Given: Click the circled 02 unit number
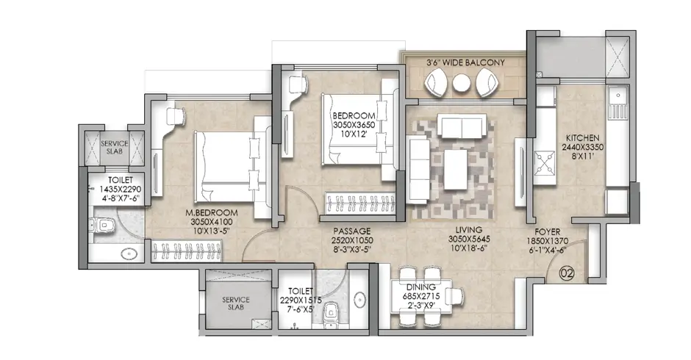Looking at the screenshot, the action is point(567,273).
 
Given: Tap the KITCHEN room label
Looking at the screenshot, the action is point(582,138).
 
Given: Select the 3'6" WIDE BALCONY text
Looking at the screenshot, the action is point(465,62).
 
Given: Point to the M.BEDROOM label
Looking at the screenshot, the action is point(212,213).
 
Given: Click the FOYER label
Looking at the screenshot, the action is point(548,231).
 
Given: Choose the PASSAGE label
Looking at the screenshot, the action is point(351,231).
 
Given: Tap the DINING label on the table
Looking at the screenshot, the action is point(421,287).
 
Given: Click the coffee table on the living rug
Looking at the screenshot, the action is point(456,170).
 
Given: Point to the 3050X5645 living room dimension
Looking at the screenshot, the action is point(469,240).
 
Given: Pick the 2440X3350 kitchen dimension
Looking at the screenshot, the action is point(582,147).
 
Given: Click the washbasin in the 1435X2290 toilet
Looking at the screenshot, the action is point(129,254).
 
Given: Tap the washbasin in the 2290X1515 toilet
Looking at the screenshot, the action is point(360,300).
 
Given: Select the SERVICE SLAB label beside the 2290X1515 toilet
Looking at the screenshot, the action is point(236,303).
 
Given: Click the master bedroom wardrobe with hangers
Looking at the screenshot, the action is point(187,251).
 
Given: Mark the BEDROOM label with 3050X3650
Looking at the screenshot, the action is point(354,116).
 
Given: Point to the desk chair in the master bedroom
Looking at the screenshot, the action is point(176,117).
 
